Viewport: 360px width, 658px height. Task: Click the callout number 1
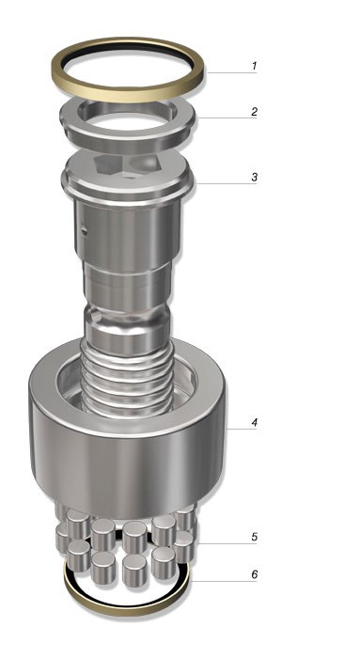[254, 66]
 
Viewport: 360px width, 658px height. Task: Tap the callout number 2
[254, 112]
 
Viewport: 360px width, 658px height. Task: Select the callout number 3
[254, 177]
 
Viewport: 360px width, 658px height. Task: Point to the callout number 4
[254, 422]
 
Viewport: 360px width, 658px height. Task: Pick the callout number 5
[254, 537]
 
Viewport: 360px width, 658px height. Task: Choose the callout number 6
[254, 574]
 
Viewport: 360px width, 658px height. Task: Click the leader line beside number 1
[231, 73]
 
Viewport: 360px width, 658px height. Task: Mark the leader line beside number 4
[242, 430]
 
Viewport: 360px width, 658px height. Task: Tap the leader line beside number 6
[223, 581]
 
